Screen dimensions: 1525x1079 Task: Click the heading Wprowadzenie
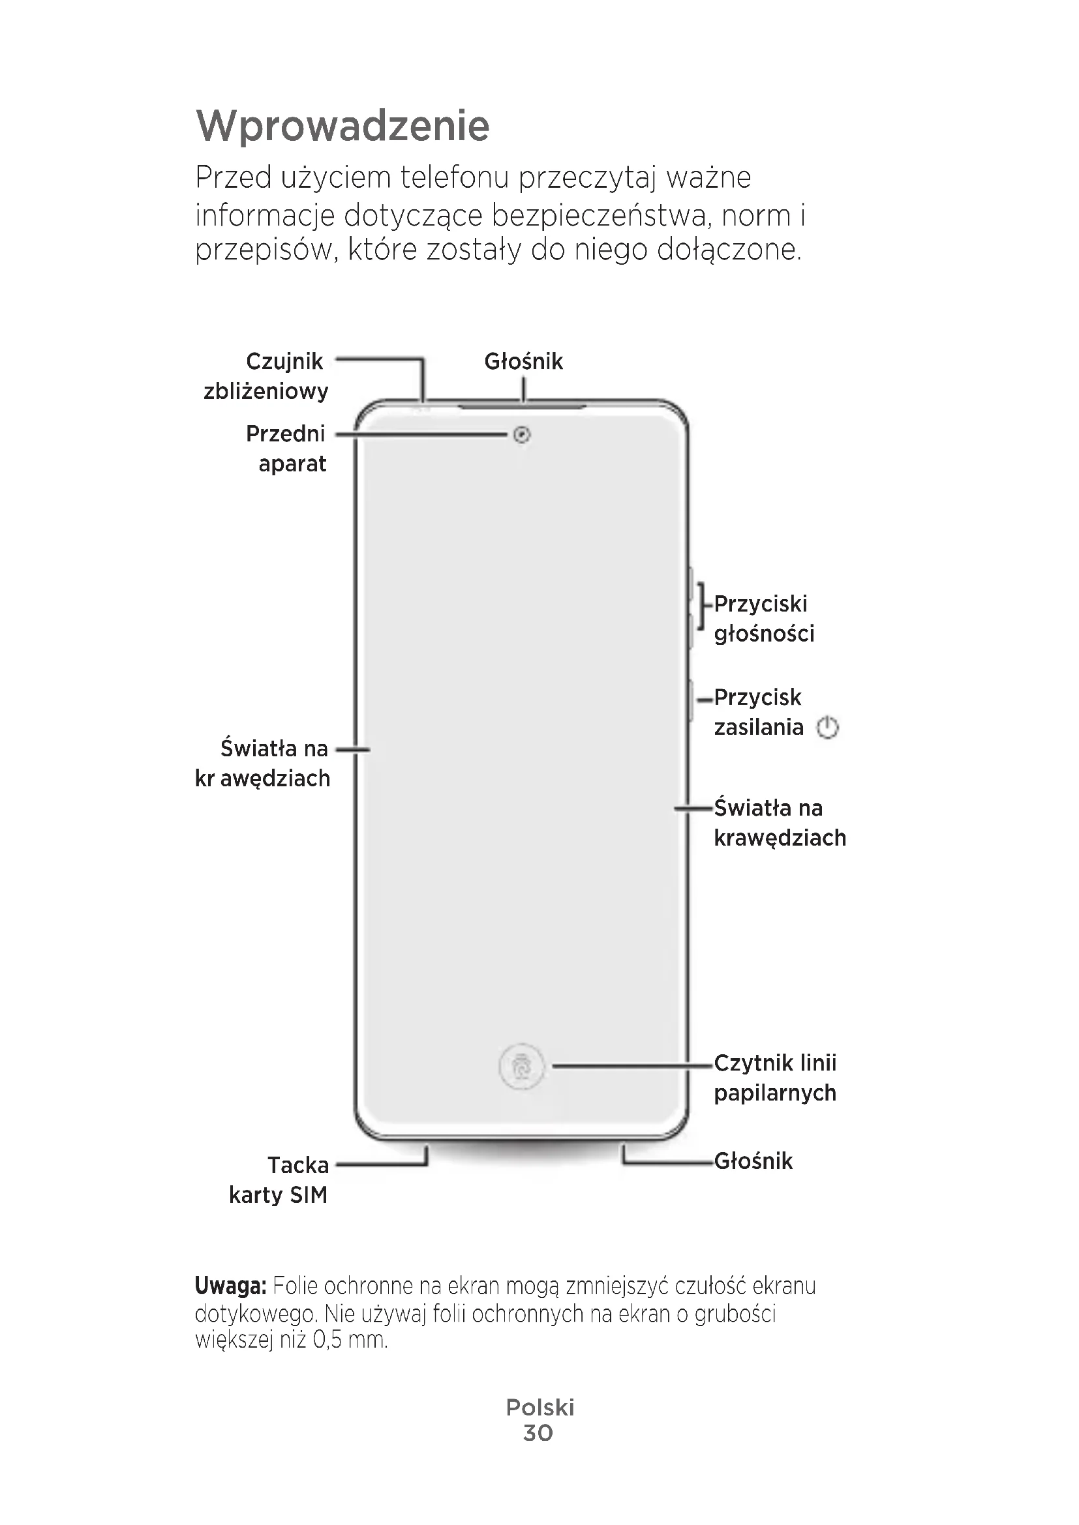343,126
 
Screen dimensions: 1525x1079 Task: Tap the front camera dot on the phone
523,435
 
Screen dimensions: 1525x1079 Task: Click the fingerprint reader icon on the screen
522,1067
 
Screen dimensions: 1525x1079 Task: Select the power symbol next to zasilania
828,728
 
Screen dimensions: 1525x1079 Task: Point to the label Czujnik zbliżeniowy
266,376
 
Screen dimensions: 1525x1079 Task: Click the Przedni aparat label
286,449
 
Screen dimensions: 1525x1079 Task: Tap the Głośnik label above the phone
524,361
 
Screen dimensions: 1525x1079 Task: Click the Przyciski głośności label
763,618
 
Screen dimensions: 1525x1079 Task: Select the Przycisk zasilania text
758,712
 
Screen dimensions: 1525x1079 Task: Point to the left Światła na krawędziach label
263,763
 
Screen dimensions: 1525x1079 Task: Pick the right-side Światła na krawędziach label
780,822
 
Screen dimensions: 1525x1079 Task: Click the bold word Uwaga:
230,1286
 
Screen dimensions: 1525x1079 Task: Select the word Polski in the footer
539,1408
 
